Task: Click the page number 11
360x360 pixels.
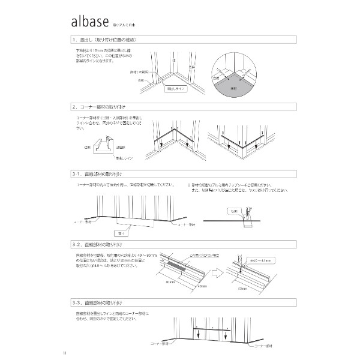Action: (x=72, y=352)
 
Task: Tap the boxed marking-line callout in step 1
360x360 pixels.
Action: (x=178, y=88)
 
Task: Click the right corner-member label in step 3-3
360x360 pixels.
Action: (x=265, y=346)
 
